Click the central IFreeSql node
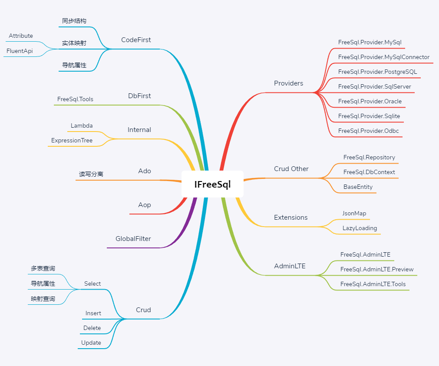tap(212, 184)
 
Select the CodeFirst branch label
tap(136, 40)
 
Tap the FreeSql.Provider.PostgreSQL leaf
tap(377, 72)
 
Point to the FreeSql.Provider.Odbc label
tap(368, 131)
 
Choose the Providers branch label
tap(288, 83)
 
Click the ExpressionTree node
tap(72, 140)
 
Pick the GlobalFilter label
tap(133, 239)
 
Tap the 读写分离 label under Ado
tap(91, 174)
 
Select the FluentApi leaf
tap(20, 51)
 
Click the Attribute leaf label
tap(21, 36)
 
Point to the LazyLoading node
tap(360, 228)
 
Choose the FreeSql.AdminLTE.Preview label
tap(377, 269)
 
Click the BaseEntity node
tap(358, 187)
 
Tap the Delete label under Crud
tap(92, 328)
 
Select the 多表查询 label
tap(43, 269)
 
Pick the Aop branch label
tap(145, 205)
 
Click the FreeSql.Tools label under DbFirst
tap(75, 99)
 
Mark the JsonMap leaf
tap(354, 213)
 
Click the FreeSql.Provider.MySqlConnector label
tap(384, 57)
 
